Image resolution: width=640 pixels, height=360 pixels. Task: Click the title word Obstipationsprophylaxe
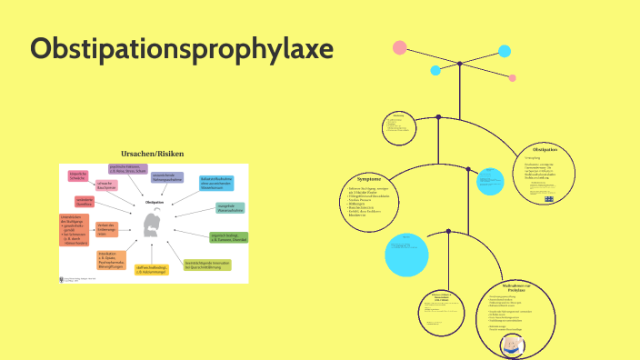(x=182, y=50)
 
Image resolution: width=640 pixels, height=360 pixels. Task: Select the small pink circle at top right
(x=513, y=78)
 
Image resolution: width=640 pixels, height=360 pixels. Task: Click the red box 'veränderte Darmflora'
(x=84, y=202)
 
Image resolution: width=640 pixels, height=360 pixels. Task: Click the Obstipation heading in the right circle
(x=545, y=149)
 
